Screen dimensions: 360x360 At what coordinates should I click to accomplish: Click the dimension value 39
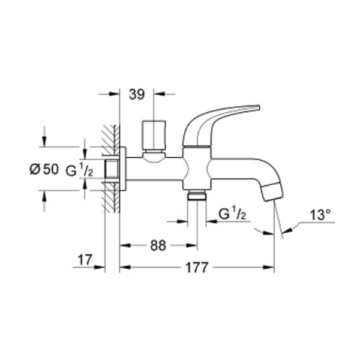point(137,94)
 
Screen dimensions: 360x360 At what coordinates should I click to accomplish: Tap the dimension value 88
point(158,245)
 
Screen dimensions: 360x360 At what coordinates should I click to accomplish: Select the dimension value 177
point(197,267)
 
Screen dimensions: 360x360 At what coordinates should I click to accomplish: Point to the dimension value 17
point(85,260)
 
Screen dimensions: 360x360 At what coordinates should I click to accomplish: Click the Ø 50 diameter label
point(44,169)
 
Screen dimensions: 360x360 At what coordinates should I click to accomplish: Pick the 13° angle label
point(320,215)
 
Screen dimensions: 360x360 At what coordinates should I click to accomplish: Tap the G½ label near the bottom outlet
point(232,214)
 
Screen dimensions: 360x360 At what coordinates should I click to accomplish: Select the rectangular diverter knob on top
point(154,135)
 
